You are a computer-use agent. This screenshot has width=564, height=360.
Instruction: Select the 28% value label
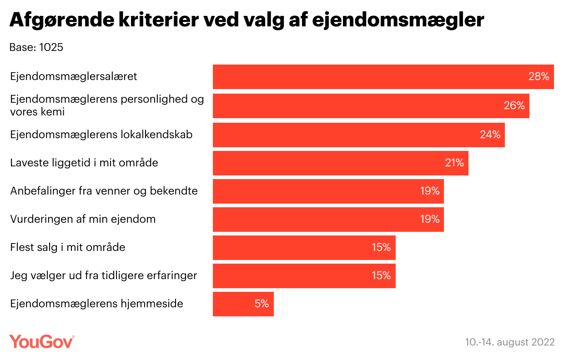pyautogui.click(x=539, y=77)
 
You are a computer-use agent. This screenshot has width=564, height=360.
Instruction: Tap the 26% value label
pyautogui.click(x=514, y=106)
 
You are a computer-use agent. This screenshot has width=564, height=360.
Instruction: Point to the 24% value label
pyautogui.click(x=489, y=135)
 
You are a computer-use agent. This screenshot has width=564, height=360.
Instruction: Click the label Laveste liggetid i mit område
pyautogui.click(x=84, y=162)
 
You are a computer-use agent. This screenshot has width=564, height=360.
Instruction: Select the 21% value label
pyautogui.click(x=454, y=163)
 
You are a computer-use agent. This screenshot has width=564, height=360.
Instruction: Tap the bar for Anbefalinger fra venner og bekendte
pyautogui.click(x=318, y=191)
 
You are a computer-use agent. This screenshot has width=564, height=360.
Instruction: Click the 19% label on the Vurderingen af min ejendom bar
pyautogui.click(x=429, y=220)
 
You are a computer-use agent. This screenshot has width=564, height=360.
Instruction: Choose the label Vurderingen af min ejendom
pyautogui.click(x=83, y=219)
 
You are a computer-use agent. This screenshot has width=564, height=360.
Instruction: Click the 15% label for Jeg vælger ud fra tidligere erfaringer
pyautogui.click(x=381, y=276)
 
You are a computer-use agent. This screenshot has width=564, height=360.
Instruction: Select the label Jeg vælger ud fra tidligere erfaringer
pyautogui.click(x=103, y=275)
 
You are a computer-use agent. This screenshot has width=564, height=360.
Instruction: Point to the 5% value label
pyautogui.click(x=262, y=304)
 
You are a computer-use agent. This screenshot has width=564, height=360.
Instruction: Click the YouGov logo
pyautogui.click(x=42, y=341)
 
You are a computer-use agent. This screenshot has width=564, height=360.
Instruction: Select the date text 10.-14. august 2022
pyautogui.click(x=510, y=342)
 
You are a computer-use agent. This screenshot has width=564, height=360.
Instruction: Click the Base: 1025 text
pyautogui.click(x=36, y=47)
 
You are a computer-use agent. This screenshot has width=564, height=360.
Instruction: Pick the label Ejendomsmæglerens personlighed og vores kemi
pyautogui.click(x=107, y=105)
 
